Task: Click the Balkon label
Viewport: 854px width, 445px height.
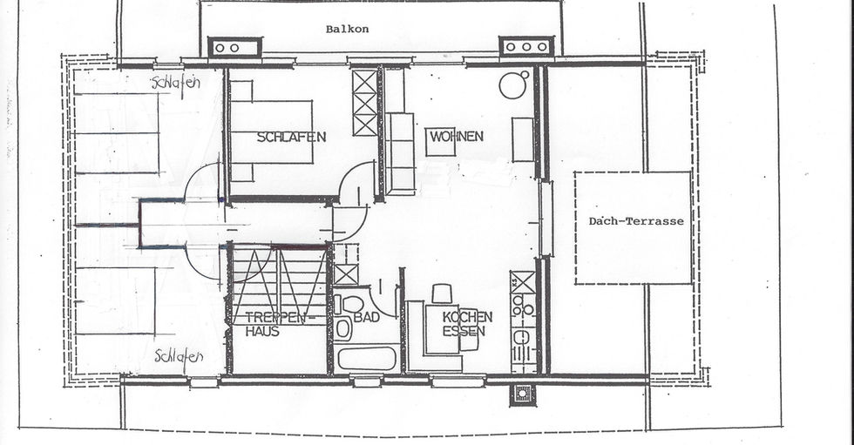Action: point(347,29)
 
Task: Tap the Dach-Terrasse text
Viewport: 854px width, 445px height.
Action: point(635,221)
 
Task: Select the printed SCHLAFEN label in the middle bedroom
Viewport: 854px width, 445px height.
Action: point(291,137)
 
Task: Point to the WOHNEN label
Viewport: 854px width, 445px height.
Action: point(457,136)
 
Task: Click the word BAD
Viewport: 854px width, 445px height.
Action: point(367,317)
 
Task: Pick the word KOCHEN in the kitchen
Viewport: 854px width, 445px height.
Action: point(467,317)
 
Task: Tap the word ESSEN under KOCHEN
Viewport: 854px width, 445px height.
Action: point(464,331)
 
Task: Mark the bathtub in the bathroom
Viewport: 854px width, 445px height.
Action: point(367,359)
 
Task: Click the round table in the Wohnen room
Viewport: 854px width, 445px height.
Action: point(512,85)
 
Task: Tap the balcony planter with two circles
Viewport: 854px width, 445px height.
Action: point(234,48)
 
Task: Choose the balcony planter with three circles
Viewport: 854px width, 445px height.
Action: point(526,47)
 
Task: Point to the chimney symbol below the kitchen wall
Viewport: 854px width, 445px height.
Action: point(522,394)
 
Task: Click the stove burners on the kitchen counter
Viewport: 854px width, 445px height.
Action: point(523,305)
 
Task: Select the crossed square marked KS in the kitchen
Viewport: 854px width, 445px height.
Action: point(523,282)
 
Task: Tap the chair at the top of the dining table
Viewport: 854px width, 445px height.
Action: point(442,293)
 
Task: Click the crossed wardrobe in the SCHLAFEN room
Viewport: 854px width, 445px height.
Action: point(364,102)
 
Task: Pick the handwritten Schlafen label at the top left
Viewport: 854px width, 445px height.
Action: point(176,84)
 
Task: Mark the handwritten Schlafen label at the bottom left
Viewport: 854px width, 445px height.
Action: point(179,357)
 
